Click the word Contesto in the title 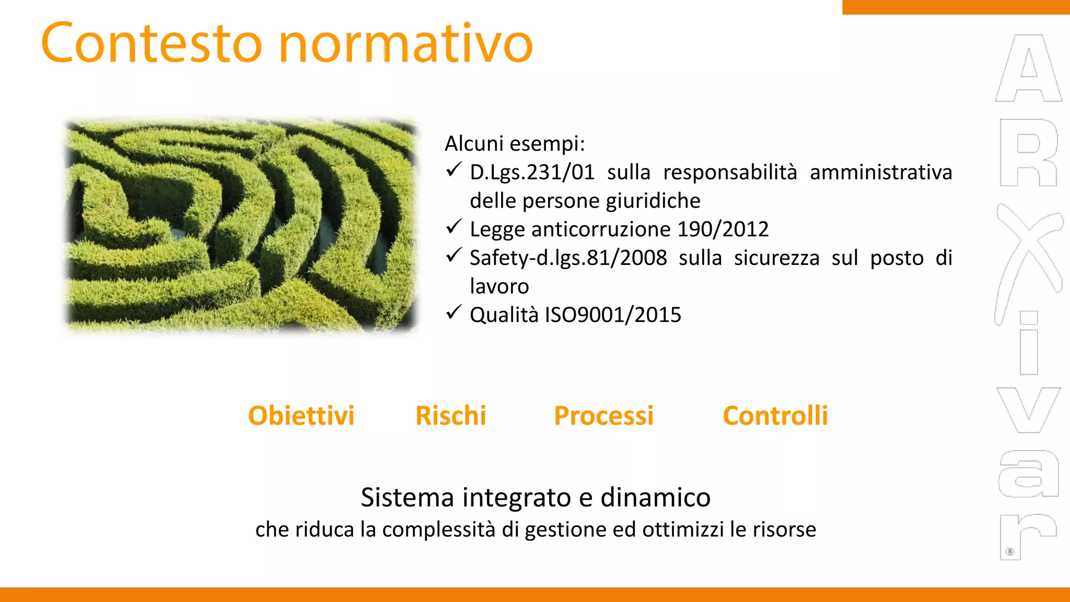pos(152,43)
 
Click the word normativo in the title pos(406,43)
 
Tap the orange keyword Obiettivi pos(301,416)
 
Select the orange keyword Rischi pos(450,416)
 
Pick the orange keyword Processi pos(603,416)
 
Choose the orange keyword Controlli pos(775,416)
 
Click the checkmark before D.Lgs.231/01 pos(453,170)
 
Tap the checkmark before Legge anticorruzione pos(453,227)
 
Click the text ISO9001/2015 pos(613,315)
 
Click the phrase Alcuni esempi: pos(515,144)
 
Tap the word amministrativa pos(881,172)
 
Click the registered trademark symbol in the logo pos(1010,552)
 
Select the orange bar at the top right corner pos(956,7)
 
